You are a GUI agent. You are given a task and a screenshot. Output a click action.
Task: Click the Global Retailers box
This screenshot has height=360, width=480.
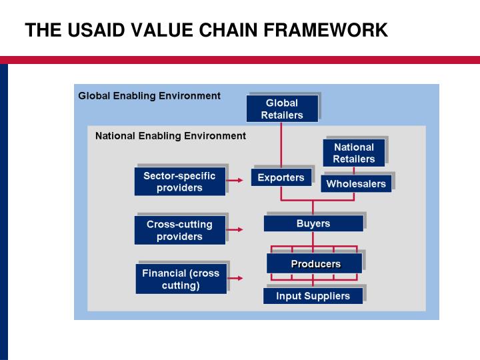281,109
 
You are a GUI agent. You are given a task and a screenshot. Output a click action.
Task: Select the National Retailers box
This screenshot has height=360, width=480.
353,153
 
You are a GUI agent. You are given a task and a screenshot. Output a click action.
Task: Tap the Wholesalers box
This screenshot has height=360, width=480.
356,183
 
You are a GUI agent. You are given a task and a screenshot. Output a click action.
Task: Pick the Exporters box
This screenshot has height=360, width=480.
281,177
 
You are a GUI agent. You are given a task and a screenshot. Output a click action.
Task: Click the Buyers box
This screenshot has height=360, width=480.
313,223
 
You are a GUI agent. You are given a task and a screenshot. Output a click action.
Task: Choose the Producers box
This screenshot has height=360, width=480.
315,263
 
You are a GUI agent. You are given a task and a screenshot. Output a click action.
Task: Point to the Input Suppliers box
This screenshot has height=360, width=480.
313,296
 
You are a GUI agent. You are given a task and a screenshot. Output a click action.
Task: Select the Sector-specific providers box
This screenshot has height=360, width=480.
179,181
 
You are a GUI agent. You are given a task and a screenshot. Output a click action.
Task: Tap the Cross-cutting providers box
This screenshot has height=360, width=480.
179,230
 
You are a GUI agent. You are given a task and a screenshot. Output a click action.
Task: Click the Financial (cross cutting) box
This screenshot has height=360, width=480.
180,279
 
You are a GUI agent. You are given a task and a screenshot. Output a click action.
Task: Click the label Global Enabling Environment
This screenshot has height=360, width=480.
149,96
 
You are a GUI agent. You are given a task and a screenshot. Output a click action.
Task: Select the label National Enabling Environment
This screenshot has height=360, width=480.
171,136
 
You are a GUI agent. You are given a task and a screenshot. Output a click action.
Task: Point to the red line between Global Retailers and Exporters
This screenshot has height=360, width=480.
281,144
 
